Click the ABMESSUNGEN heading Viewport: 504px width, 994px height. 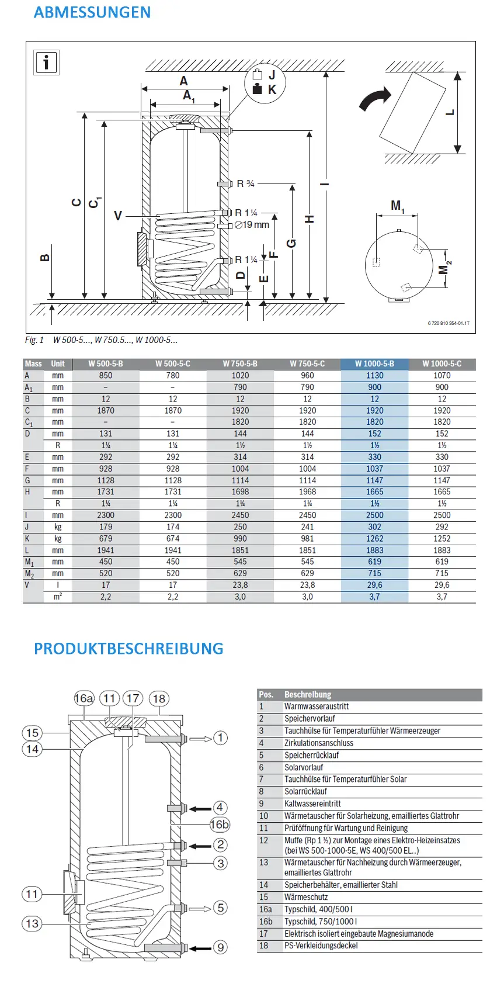point(92,12)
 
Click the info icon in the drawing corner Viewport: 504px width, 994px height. point(46,62)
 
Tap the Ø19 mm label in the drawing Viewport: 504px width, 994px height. point(252,225)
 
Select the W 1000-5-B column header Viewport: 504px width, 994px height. point(374,364)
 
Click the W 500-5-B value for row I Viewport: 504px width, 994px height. point(106,515)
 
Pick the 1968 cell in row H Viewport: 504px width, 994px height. point(307,491)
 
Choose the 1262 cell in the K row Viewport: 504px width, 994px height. point(374,538)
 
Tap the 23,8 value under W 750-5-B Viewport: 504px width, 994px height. point(240,585)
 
